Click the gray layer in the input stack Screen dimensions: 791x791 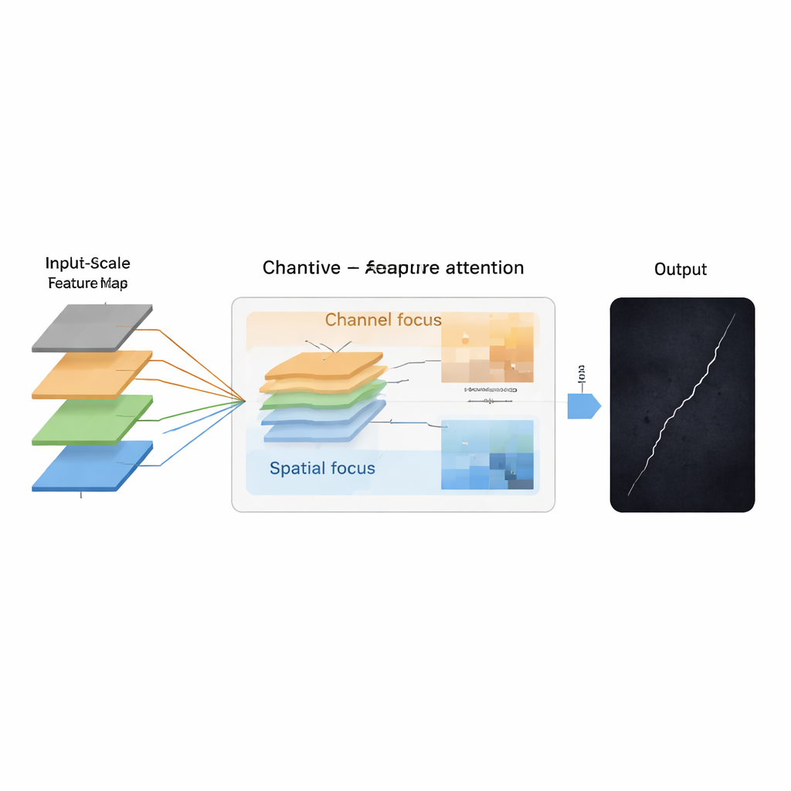pos(91,328)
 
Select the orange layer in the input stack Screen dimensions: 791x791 pos(91,374)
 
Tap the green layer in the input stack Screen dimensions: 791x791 pos(91,419)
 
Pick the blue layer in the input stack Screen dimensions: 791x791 pos(91,465)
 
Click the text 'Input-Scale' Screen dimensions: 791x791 pos(88,263)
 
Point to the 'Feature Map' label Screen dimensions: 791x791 pos(88,283)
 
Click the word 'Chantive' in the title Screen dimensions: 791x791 pos(301,268)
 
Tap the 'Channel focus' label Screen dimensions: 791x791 pos(383,320)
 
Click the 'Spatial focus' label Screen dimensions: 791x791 pos(322,468)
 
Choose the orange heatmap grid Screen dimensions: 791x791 pos(487,347)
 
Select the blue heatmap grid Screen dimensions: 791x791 pos(487,455)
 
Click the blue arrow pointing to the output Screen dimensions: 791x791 pos(583,406)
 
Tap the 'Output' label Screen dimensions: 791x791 pos(681,270)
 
